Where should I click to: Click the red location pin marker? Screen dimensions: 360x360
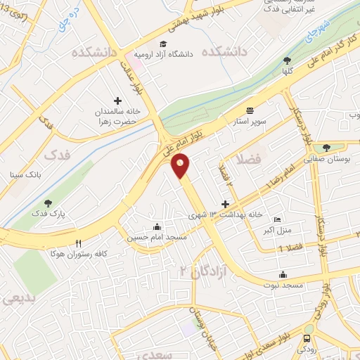[x=180, y=166]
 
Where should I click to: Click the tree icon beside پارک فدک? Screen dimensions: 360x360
[x=37, y=203]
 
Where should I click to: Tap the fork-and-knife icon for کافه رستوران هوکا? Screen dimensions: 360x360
[x=78, y=241]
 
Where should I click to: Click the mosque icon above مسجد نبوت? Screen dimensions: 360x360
[x=282, y=274]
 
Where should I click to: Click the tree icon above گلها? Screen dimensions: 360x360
[x=285, y=61]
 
